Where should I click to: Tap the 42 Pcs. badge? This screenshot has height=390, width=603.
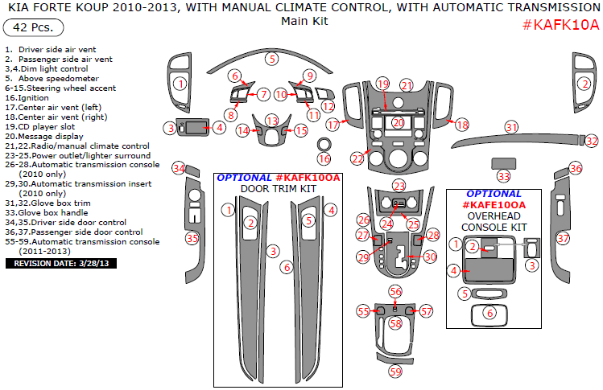coord(30,28)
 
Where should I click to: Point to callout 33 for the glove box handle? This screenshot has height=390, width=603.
coord(504,176)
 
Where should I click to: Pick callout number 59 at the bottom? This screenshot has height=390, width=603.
coord(395,371)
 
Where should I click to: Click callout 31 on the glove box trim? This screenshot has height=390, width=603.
coord(511,127)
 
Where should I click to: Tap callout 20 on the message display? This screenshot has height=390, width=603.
coord(398,122)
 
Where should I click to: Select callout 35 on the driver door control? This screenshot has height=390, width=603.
coord(192,238)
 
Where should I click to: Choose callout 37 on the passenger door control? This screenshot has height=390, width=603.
coord(564,238)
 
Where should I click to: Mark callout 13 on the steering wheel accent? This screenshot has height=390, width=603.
coord(273,120)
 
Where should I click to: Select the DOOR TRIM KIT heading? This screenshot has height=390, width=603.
coord(277,189)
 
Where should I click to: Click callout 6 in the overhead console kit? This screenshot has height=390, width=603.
coord(489,313)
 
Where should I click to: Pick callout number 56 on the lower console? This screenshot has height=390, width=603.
coord(395,290)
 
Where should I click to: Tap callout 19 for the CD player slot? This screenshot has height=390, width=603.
coord(382,84)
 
